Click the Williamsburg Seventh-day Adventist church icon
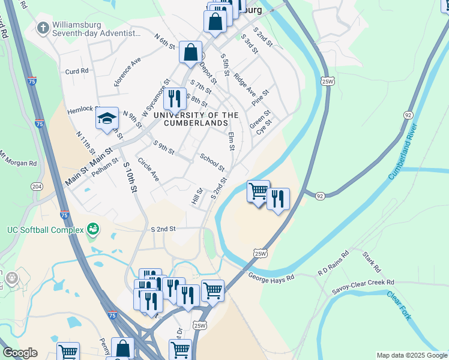(x=43, y=28)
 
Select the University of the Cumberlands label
(x=196, y=119)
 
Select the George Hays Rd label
(x=271, y=277)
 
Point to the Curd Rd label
(x=77, y=71)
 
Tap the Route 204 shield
(x=37, y=187)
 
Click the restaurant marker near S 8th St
(x=175, y=97)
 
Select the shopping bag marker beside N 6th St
(x=190, y=52)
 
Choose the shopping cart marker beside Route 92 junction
(x=258, y=191)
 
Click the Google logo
(x=20, y=353)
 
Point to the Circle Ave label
(x=148, y=170)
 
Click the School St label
(x=212, y=161)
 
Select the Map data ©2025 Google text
(x=412, y=355)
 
